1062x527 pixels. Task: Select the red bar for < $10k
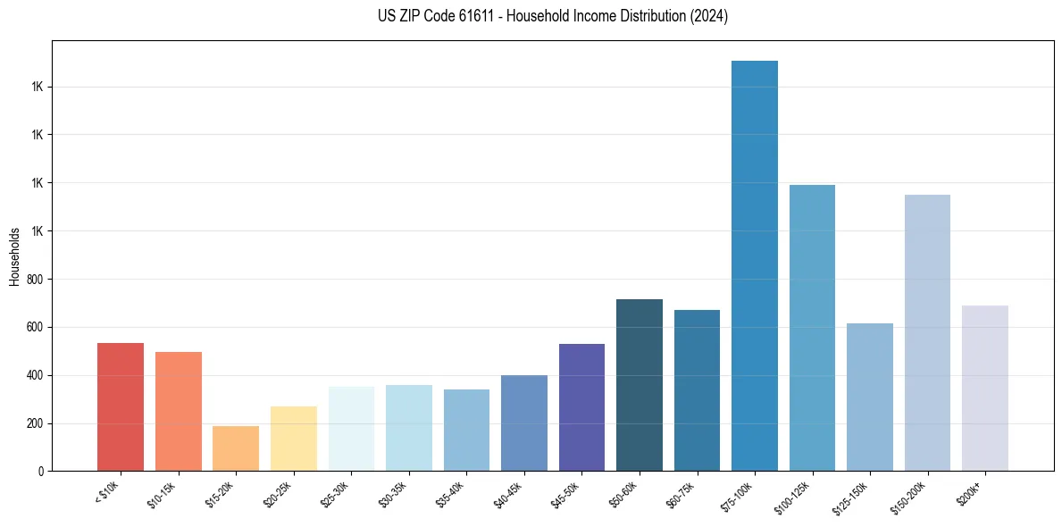point(121,407)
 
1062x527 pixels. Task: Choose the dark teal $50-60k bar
point(640,385)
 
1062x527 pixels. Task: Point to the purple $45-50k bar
point(581,407)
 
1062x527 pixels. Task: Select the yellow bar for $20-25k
point(294,439)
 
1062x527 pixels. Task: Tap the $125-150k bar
point(870,397)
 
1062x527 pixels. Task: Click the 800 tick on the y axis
point(33,280)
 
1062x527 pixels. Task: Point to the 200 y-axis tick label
point(33,423)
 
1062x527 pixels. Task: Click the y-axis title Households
point(14,256)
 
